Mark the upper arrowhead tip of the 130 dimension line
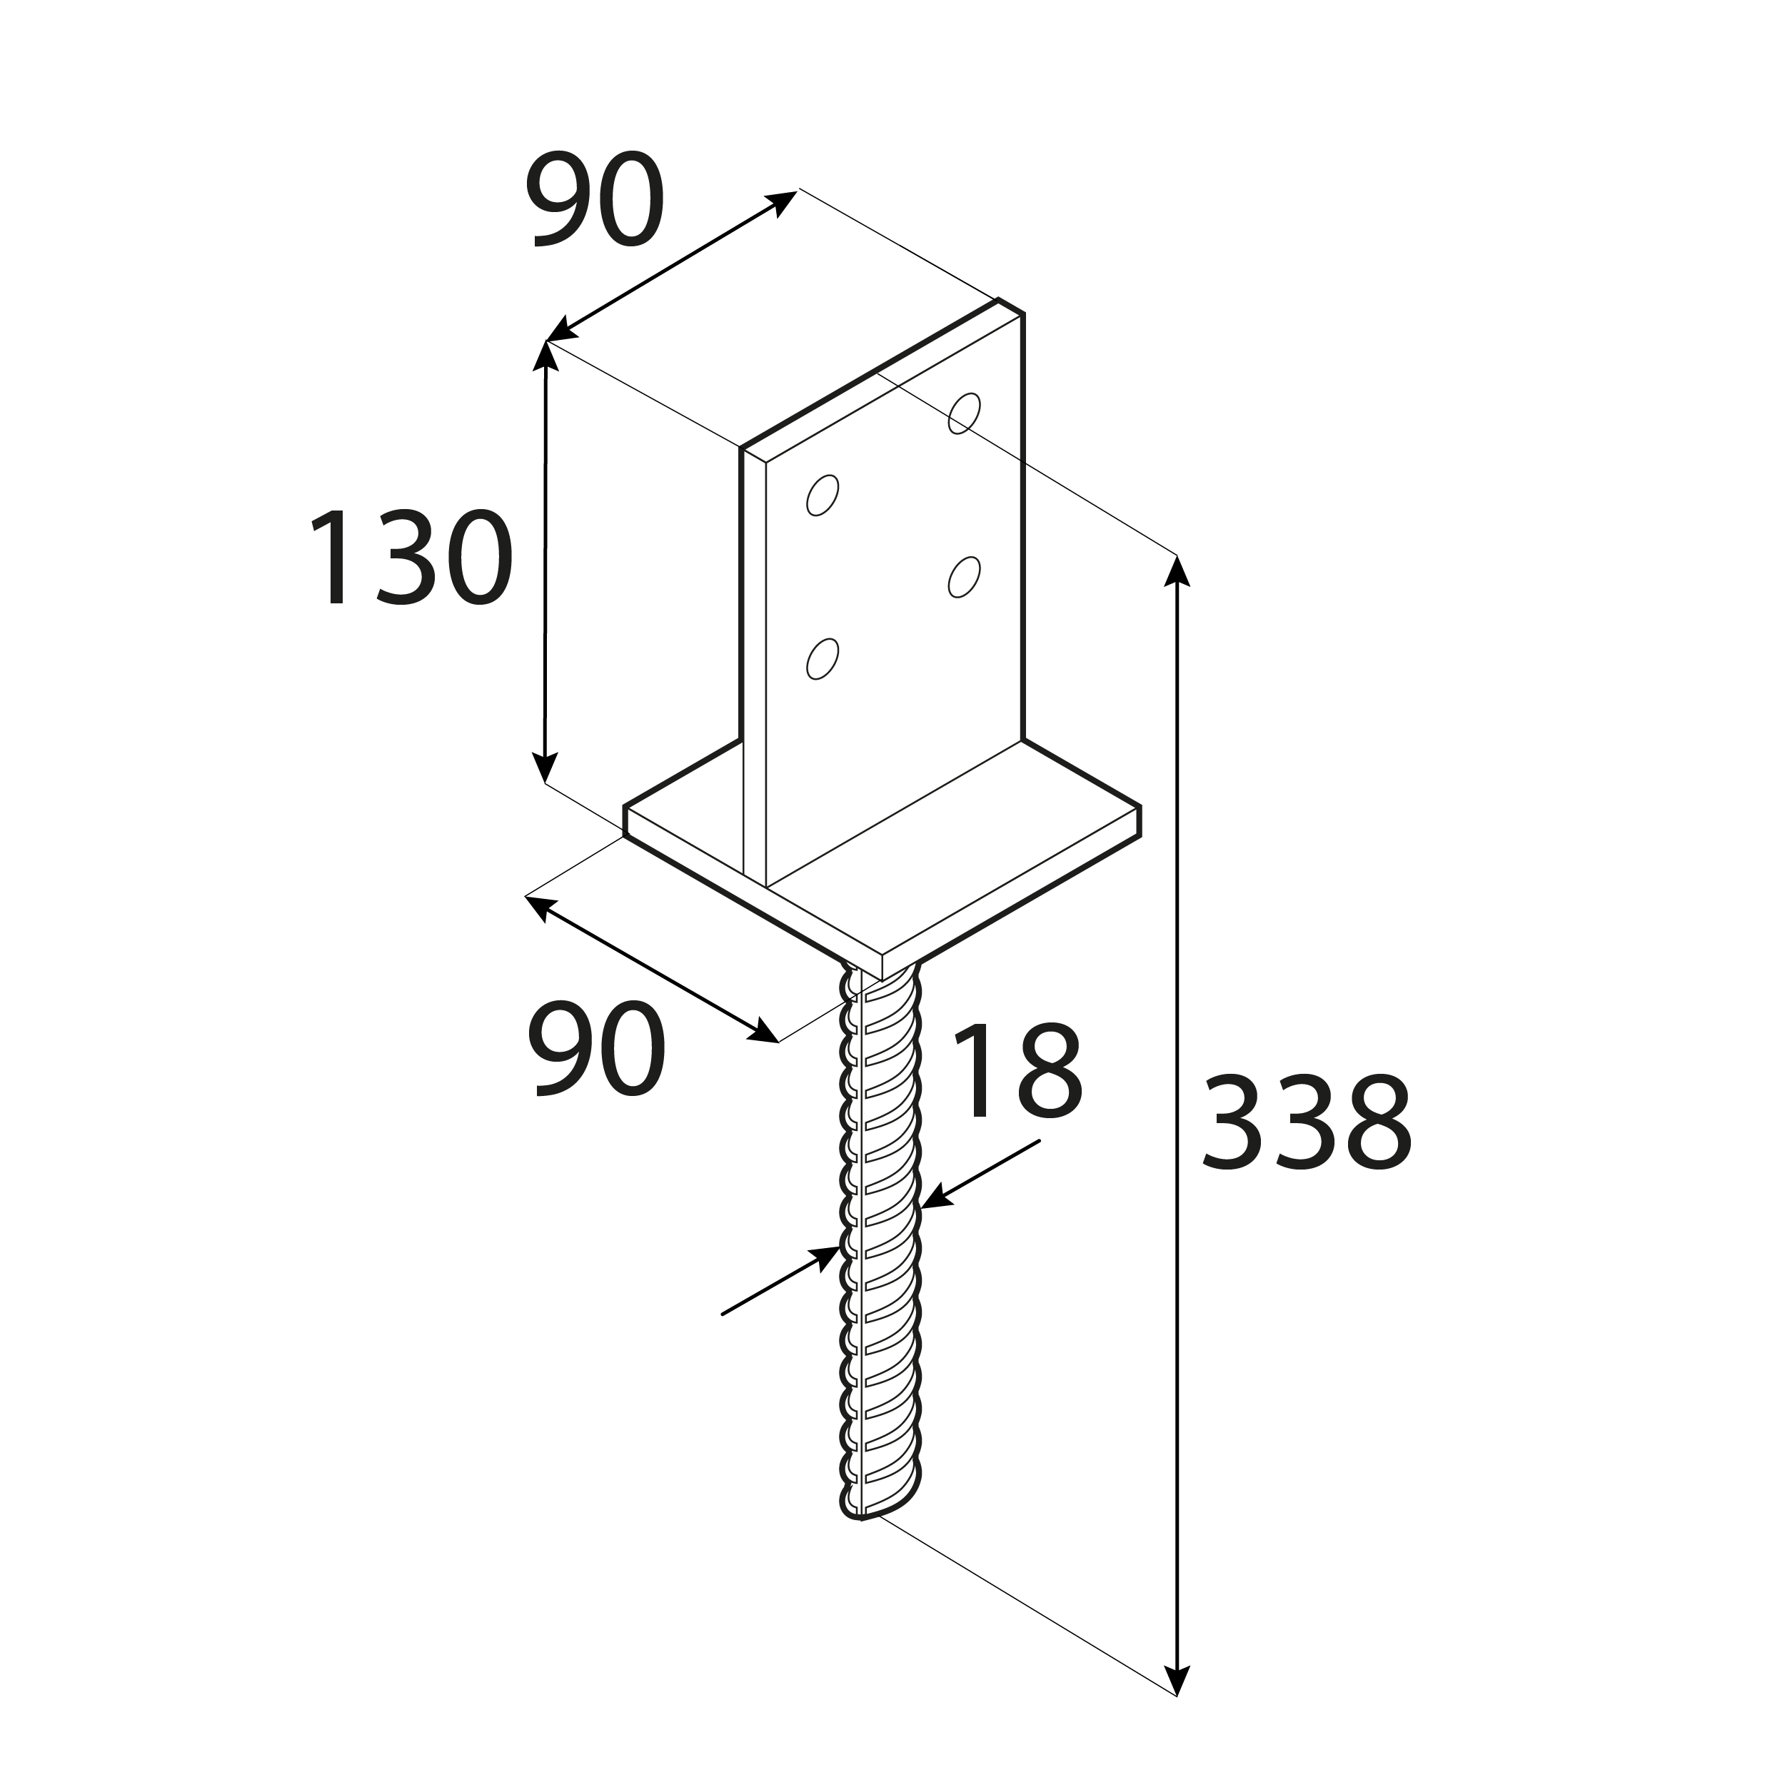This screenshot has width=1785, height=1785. click(546, 342)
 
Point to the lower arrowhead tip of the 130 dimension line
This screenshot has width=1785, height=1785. click(545, 783)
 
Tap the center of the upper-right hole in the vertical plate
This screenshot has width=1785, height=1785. click(965, 413)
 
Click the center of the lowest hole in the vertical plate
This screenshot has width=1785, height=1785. click(823, 660)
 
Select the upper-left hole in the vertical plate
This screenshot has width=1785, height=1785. click(823, 496)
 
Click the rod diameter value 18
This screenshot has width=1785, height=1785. click(1016, 1072)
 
